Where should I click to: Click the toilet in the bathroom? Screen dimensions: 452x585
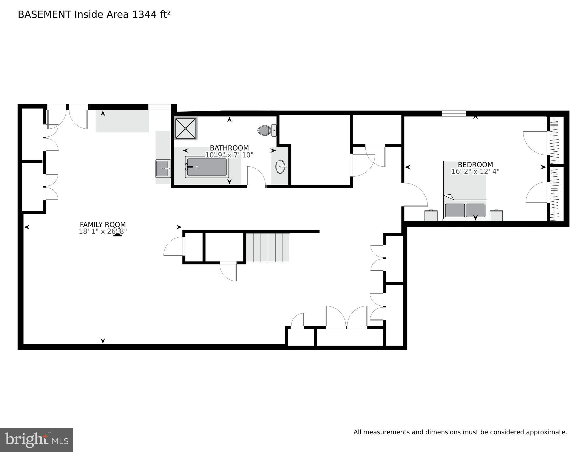[267, 130]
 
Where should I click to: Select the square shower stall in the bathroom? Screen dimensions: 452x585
[185, 128]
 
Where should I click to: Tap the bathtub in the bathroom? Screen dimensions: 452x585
[207, 167]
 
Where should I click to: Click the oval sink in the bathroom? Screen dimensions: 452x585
[281, 167]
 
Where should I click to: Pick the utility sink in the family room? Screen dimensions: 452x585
[163, 168]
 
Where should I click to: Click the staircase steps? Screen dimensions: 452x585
[268, 247]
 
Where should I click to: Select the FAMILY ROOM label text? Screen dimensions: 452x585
[103, 225]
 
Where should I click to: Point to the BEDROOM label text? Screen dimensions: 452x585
[475, 165]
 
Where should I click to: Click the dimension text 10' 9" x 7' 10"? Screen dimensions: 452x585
[229, 155]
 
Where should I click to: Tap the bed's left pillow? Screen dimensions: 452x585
[455, 210]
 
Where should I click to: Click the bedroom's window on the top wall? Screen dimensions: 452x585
[453, 113]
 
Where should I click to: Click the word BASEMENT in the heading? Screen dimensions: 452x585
[44, 14]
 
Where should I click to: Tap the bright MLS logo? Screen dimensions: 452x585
[37, 440]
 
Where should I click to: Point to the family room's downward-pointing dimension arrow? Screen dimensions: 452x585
[103, 341]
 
